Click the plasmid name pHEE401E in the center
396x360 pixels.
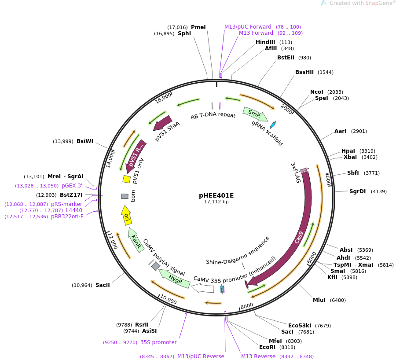(x=216, y=195)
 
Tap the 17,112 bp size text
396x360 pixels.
(x=216, y=202)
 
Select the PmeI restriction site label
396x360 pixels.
(x=198, y=27)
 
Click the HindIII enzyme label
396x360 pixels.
(x=265, y=42)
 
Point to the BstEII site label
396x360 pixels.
(x=286, y=58)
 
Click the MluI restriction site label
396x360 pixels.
(x=319, y=300)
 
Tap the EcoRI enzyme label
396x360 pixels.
(x=267, y=347)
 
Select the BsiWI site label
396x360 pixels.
(x=85, y=141)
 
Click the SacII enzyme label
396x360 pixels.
(x=103, y=285)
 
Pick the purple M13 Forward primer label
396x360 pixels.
(x=256, y=33)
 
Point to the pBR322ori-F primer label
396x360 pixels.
(x=67, y=217)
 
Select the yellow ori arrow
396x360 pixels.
(x=126, y=215)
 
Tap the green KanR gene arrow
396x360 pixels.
(x=136, y=239)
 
